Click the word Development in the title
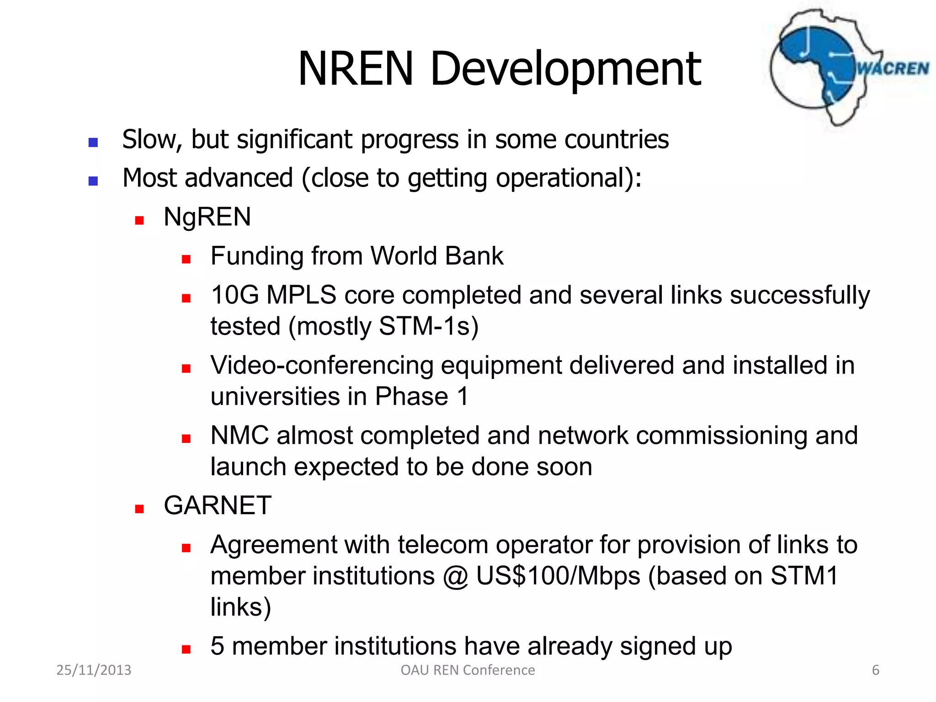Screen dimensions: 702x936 pos(565,69)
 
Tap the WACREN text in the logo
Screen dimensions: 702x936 pos(893,69)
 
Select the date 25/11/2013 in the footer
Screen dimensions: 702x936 pos(94,670)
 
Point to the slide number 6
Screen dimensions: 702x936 pos(876,670)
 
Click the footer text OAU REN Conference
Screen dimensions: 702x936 pos(468,670)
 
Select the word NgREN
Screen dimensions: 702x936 pos(207,217)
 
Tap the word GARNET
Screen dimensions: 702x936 pos(218,505)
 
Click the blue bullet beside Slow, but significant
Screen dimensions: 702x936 pos(93,143)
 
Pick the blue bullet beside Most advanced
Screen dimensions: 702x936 pos(93,181)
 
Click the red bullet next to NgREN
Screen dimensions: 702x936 pos(139,221)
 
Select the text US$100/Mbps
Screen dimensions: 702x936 pos(558,576)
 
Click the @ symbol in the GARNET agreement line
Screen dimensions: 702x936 pos(456,577)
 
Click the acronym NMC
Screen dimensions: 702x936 pos(239,435)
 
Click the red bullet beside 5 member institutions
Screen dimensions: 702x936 pos(186,649)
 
